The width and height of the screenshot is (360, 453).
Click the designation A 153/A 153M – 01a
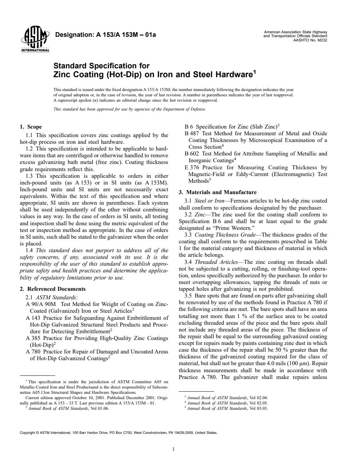point(105,35)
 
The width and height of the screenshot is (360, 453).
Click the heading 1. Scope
point(31,127)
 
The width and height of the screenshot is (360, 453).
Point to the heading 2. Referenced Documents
point(53,289)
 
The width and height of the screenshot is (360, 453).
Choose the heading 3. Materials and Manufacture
point(217,192)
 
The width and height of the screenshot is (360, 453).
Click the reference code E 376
point(192,168)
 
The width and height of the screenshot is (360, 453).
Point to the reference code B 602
point(192,154)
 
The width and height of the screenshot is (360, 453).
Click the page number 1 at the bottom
point(173,448)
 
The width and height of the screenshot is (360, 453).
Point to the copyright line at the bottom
point(118,432)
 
